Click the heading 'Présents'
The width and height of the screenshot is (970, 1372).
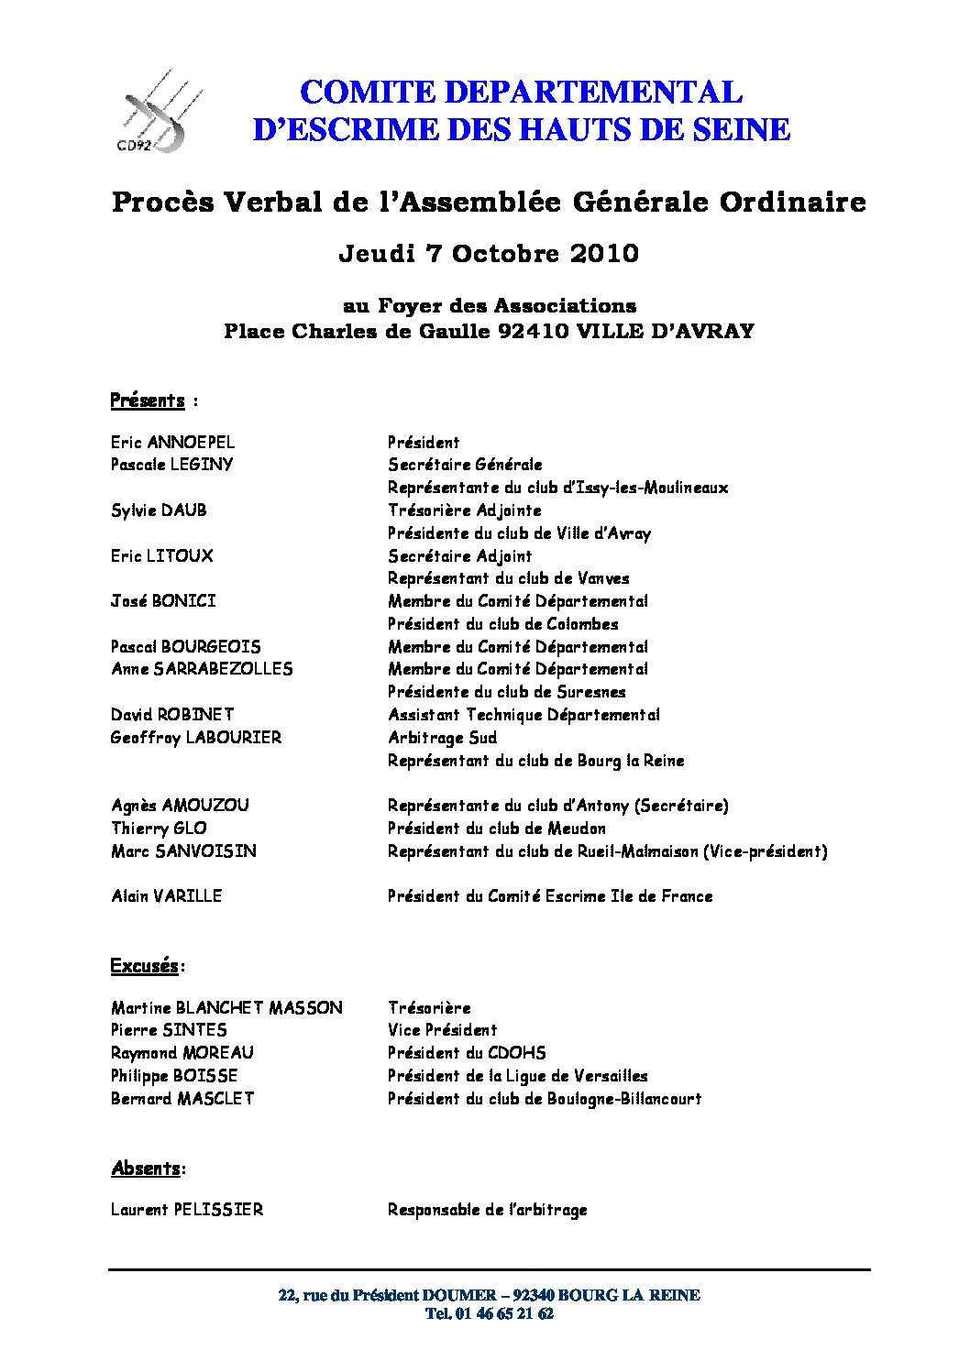pos(148,401)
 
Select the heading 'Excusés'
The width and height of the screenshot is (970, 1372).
pos(145,966)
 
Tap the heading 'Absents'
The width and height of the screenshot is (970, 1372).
pos(146,1169)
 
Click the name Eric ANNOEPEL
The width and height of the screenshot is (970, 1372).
pos(172,442)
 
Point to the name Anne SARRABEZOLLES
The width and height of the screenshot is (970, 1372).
pos(202,669)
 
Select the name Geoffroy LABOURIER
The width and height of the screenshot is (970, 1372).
pos(196,737)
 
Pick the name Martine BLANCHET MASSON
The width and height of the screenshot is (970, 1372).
pos(226,1007)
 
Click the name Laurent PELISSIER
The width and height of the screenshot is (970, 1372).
pos(187,1210)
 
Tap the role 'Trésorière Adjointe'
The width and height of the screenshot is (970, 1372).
pos(464,510)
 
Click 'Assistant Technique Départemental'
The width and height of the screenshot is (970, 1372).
pos(524,714)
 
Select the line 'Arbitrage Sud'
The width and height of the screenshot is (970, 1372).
pos(442,737)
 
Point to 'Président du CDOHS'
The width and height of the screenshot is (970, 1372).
pos(467,1052)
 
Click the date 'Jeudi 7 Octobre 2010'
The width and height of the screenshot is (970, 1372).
pos(489,253)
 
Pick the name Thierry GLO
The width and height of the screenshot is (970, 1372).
pos(159,828)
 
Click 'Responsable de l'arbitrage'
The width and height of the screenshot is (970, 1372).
pos(487,1210)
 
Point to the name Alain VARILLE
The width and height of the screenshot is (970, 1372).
pos(166,895)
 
